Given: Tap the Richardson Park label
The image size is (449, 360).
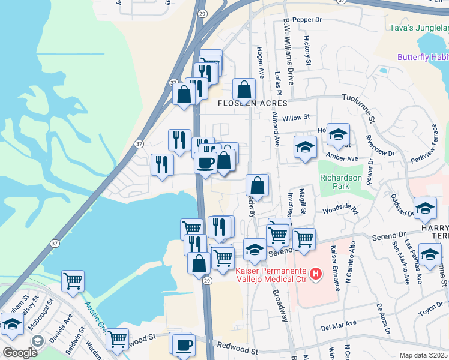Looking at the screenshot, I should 341,182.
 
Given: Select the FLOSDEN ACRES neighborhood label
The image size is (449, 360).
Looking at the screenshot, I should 248,103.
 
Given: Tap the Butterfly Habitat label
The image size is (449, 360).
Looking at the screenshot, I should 423,57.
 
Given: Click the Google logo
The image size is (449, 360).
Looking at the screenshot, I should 20,353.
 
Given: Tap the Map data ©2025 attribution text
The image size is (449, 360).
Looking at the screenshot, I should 423,355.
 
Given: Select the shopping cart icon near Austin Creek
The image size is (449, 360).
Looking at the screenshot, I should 73,280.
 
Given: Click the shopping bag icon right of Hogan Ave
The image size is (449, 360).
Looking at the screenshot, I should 244,89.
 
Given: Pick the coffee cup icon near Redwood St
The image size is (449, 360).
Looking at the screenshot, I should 184,345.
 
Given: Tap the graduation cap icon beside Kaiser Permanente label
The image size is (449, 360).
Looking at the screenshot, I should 255,250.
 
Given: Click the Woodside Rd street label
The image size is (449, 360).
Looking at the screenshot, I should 340,211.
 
